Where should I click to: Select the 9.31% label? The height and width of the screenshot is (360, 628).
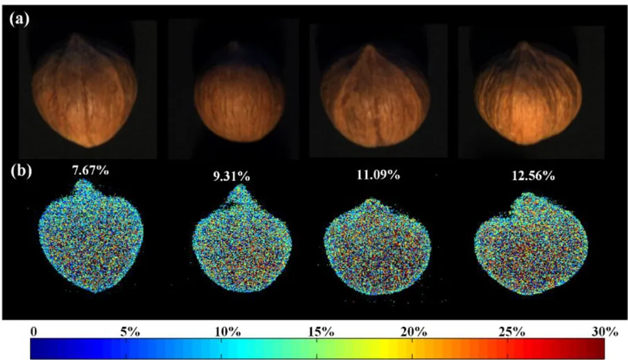[x=231, y=177]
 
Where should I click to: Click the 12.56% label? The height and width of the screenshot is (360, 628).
[x=533, y=176]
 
